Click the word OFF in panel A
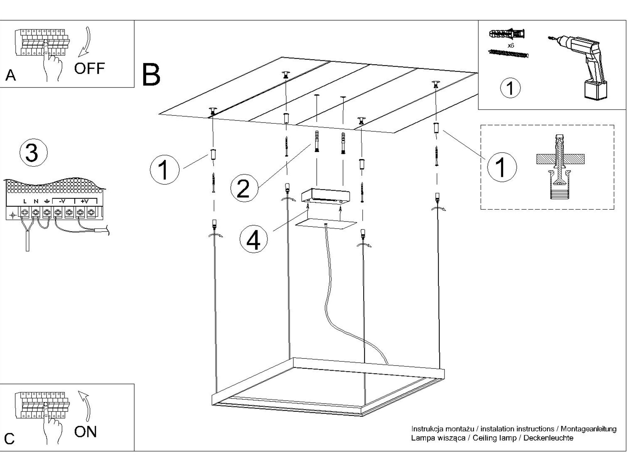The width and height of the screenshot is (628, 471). (89, 69)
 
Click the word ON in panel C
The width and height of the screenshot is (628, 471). (85, 432)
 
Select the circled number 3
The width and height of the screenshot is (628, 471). (33, 153)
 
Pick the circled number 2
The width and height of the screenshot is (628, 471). (244, 188)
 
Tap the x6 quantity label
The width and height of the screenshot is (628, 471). (511, 46)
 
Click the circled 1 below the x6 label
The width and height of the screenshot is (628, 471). (510, 88)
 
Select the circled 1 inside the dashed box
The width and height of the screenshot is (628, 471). (501, 167)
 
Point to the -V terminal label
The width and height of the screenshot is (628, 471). (62, 201)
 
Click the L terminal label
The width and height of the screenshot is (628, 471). (25, 201)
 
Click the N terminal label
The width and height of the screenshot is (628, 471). (36, 201)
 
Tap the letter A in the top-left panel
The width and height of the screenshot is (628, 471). (10, 76)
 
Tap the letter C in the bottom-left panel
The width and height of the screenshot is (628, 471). (9, 439)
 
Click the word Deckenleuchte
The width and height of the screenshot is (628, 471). (548, 438)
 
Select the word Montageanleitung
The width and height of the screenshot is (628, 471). (588, 429)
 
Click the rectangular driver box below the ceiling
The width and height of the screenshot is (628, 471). (326, 195)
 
